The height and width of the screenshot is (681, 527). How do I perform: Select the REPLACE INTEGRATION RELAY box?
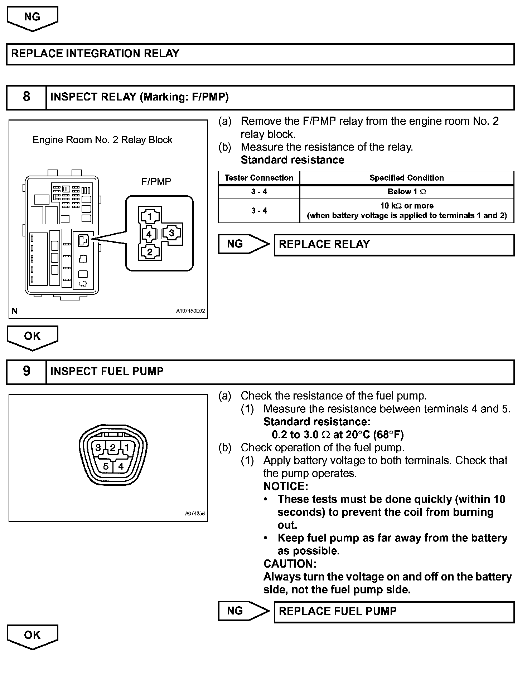coord(260,54)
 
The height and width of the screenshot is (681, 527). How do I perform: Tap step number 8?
coord(26,97)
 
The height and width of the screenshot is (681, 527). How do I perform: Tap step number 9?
coord(26,372)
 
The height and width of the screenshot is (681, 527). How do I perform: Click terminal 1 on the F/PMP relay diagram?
coord(150,216)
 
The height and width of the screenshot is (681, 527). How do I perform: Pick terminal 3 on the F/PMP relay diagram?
coord(172,233)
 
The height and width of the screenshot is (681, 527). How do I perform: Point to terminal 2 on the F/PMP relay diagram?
coord(150,252)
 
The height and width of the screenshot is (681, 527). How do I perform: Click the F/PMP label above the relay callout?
coord(156,182)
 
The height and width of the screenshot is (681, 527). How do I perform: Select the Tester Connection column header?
coord(259,178)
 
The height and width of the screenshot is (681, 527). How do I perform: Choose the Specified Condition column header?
coord(407,178)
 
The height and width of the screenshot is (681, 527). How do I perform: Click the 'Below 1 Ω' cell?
coord(407,192)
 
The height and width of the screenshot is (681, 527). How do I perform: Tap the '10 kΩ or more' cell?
coord(407,211)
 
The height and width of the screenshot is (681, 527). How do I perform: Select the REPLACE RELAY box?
coord(394,245)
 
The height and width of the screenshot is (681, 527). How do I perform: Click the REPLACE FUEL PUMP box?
coord(394,611)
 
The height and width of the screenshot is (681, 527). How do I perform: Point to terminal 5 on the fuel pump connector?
coord(106,466)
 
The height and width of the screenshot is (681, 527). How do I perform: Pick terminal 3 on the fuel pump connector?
coord(98,447)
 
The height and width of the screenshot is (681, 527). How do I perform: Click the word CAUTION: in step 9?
coord(290,564)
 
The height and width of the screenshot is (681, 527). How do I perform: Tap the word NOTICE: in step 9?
coord(286,486)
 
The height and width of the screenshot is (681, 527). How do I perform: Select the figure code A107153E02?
coord(190,311)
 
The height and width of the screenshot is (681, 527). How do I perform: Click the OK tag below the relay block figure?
coord(32,337)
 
